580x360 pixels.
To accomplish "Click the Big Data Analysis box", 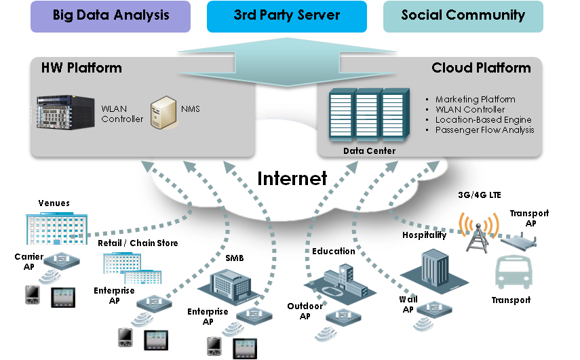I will [x=110, y=16].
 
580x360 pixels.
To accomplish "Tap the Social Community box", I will [x=463, y=16].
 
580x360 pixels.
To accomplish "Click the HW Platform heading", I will [x=81, y=68].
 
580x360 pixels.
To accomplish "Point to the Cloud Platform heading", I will [x=481, y=68].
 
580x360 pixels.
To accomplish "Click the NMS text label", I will [x=190, y=108].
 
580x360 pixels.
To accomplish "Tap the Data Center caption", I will [x=369, y=151].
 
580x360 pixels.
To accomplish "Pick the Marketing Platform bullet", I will [x=475, y=100].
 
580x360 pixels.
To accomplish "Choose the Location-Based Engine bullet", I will [x=479, y=120].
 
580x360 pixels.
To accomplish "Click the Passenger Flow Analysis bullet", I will [x=484, y=129].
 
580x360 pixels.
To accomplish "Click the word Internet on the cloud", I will [x=292, y=178].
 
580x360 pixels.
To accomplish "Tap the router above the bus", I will [x=519, y=243].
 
